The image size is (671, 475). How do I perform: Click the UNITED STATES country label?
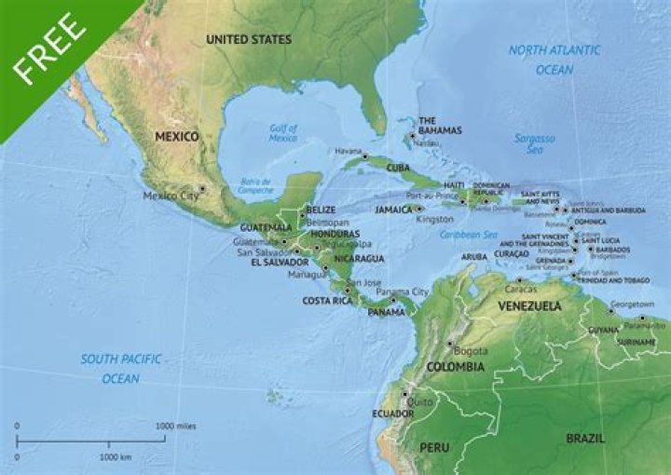click(x=249, y=39)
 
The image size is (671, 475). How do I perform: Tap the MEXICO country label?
click(x=177, y=136)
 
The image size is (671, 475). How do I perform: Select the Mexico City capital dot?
click(x=201, y=189)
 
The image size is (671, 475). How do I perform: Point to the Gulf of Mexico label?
click(x=282, y=133)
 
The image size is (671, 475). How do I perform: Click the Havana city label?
click(x=347, y=151)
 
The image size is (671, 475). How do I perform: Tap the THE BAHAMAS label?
click(x=439, y=125)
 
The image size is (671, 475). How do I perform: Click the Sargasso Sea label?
click(x=534, y=143)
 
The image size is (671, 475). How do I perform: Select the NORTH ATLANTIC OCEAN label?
click(x=554, y=60)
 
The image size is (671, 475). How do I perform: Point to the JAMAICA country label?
click(x=394, y=210)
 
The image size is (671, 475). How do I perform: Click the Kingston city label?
click(x=435, y=220)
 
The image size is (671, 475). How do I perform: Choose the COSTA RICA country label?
click(x=326, y=301)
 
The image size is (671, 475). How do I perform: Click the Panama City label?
click(x=402, y=292)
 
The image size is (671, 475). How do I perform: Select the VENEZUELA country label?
click(x=529, y=305)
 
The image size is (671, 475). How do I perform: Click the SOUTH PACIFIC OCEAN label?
click(x=121, y=369)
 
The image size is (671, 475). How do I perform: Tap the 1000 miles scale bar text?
click(x=176, y=426)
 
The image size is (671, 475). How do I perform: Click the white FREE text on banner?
click(x=47, y=50)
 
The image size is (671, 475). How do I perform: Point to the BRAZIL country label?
click(x=586, y=437)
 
